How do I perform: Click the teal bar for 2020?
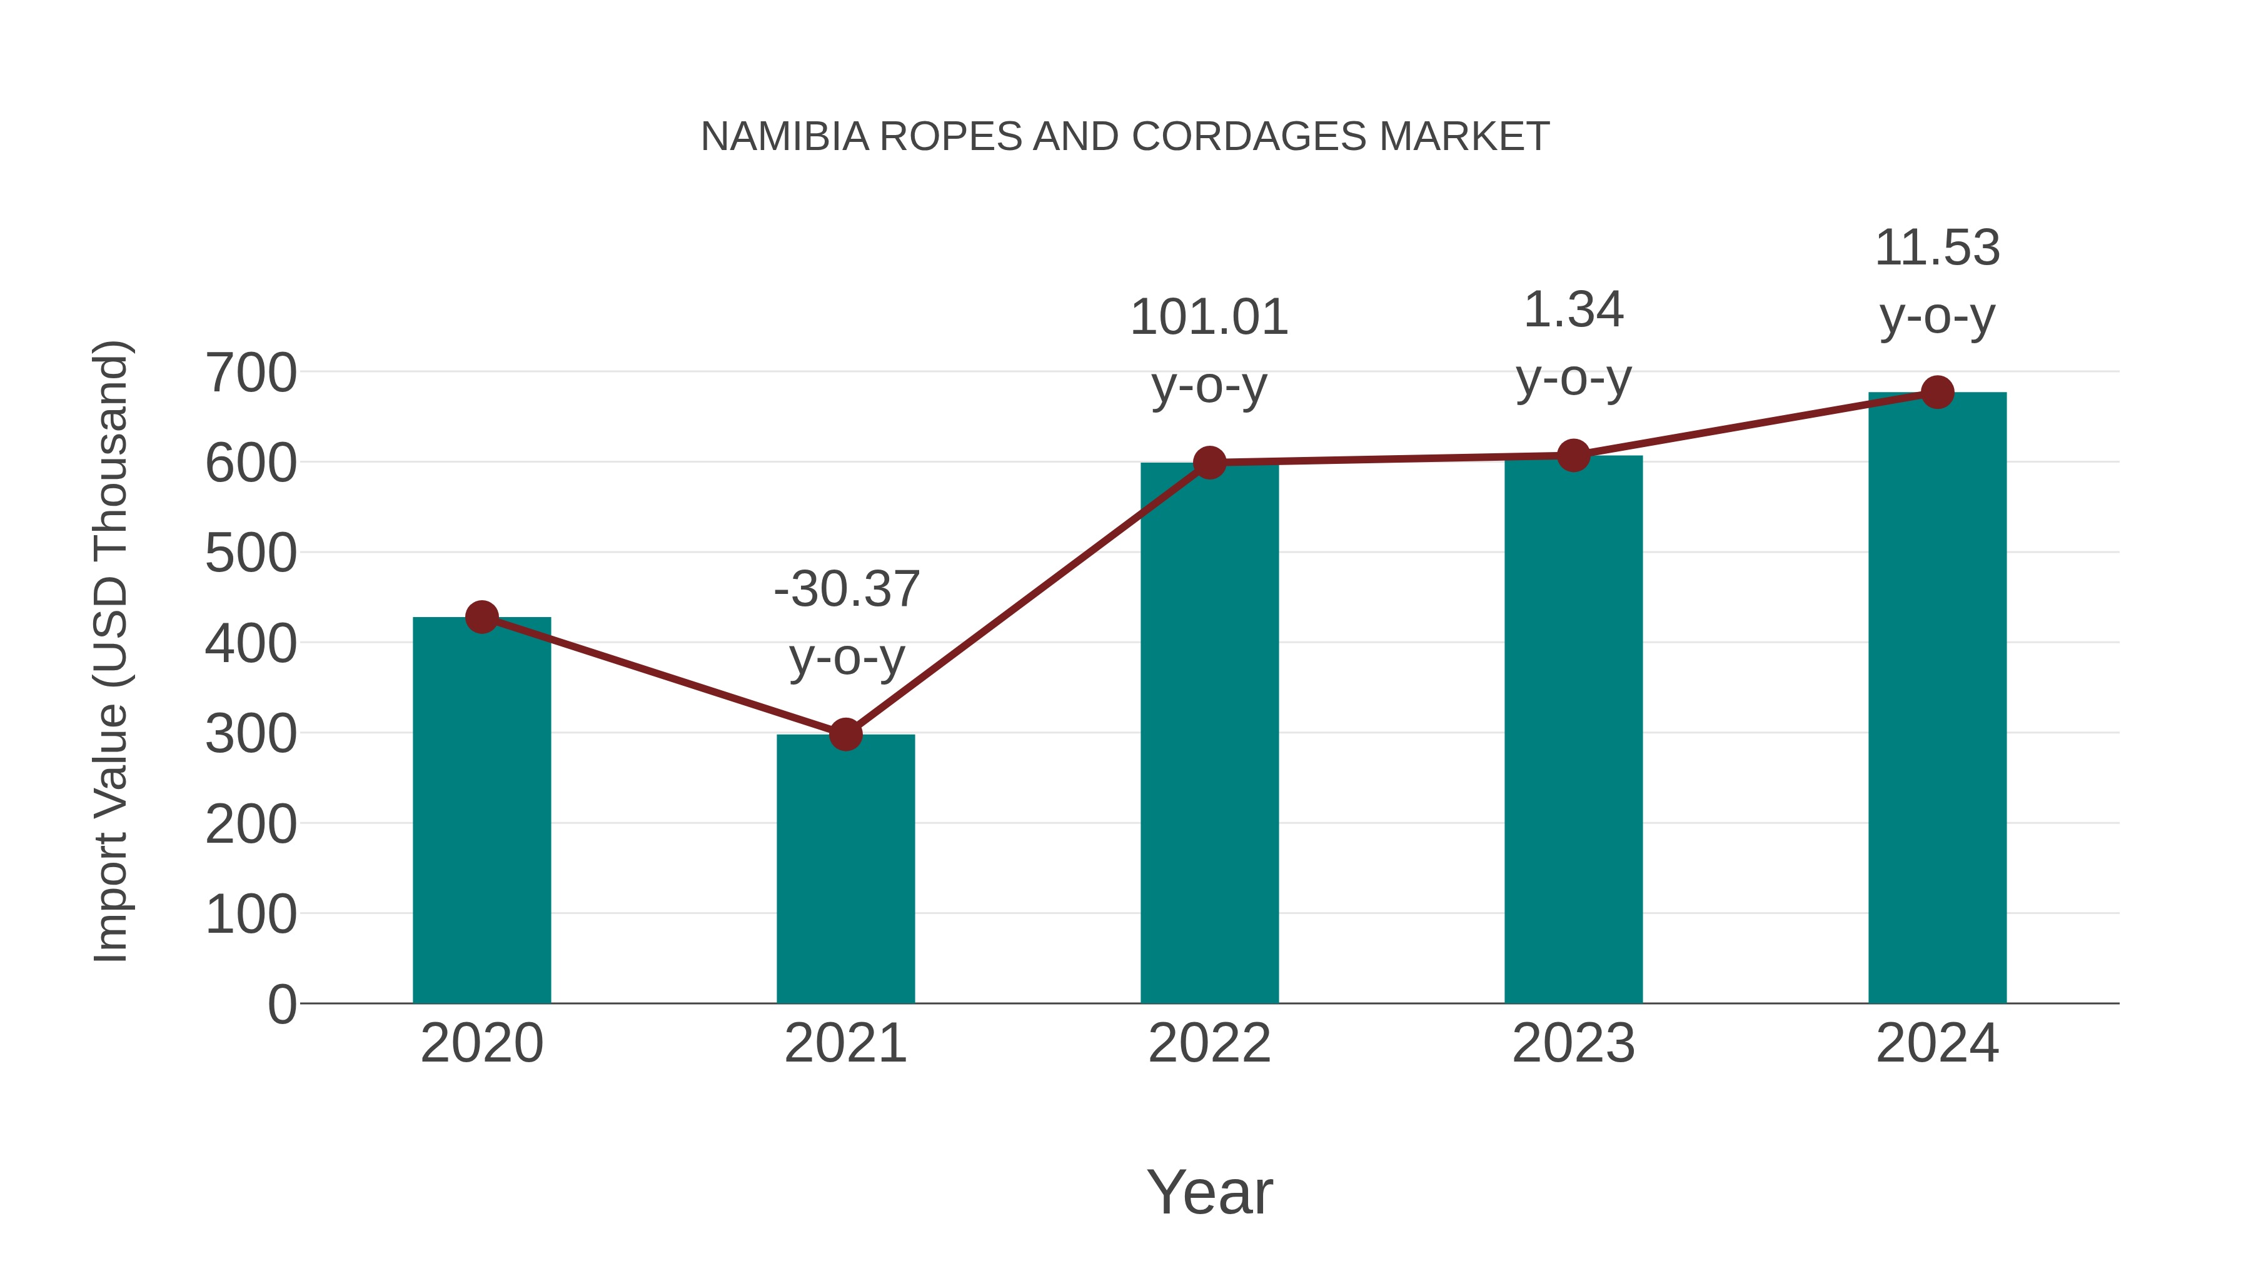tap(481, 813)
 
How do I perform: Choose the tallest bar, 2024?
tap(1937, 699)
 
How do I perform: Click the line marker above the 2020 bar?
tap(481, 617)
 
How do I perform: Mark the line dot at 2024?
tap(1937, 392)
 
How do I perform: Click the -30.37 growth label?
tap(847, 589)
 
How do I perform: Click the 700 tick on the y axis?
tap(251, 373)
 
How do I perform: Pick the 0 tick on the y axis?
tap(281, 1004)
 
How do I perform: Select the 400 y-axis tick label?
tap(251, 644)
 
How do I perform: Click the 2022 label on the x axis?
tap(1209, 1043)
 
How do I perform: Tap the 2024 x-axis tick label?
tap(1937, 1043)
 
